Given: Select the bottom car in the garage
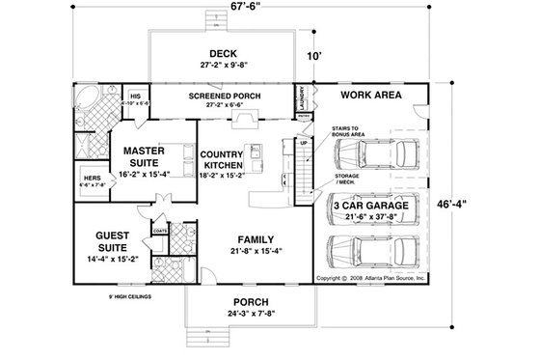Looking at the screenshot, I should point(377,253).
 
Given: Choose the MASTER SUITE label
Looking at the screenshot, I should point(142,156).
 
